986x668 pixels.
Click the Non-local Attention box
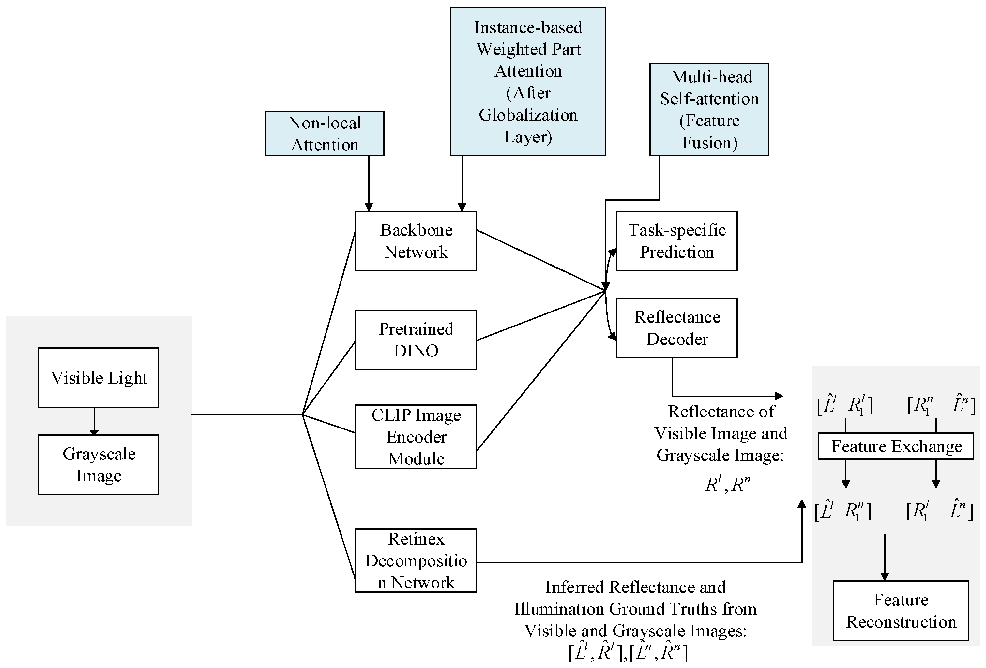point(324,134)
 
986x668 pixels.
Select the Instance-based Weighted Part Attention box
point(527,82)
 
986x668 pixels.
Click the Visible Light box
point(99,377)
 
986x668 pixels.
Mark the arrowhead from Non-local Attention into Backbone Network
point(369,207)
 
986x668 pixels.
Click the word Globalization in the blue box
point(527,115)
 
